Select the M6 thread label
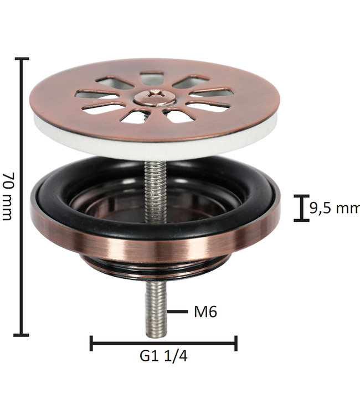pos(205,312)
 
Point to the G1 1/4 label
pos(163,356)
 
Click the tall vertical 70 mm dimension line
pos(22,196)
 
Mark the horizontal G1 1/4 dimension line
pos(163,343)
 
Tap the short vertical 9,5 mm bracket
pos(301,208)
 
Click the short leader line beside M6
pos(177,312)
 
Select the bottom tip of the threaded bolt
pos(156,334)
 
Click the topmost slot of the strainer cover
pos(152,79)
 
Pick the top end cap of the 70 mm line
pos(22,59)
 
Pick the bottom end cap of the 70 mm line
pos(22,334)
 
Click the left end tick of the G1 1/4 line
pos(91,343)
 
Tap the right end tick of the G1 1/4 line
pos(236,343)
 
